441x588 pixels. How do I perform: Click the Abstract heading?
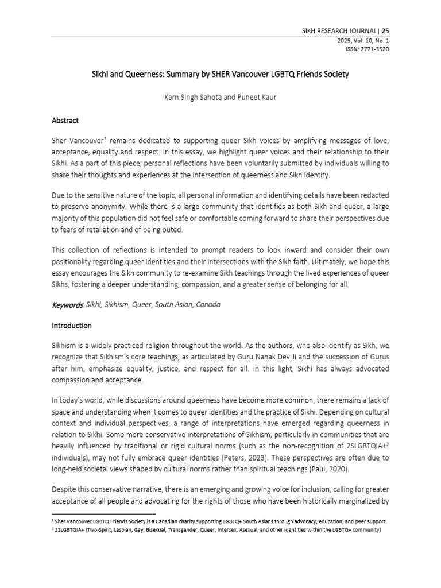coord(65,121)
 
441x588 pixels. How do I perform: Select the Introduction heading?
coord(72,326)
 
